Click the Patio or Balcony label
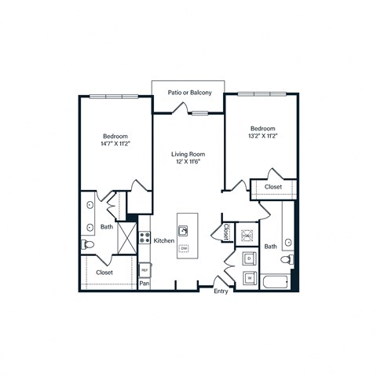pos(189,93)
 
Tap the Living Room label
pos(188,154)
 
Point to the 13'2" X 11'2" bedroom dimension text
pos(263,136)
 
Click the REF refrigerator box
pos(145,269)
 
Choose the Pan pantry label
pos(145,284)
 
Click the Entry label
pos(221,291)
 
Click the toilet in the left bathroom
pos(88,246)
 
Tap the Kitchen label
pos(163,240)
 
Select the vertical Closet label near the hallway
pos(226,232)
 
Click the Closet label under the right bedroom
pos(273,187)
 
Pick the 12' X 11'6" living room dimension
pos(188,163)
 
